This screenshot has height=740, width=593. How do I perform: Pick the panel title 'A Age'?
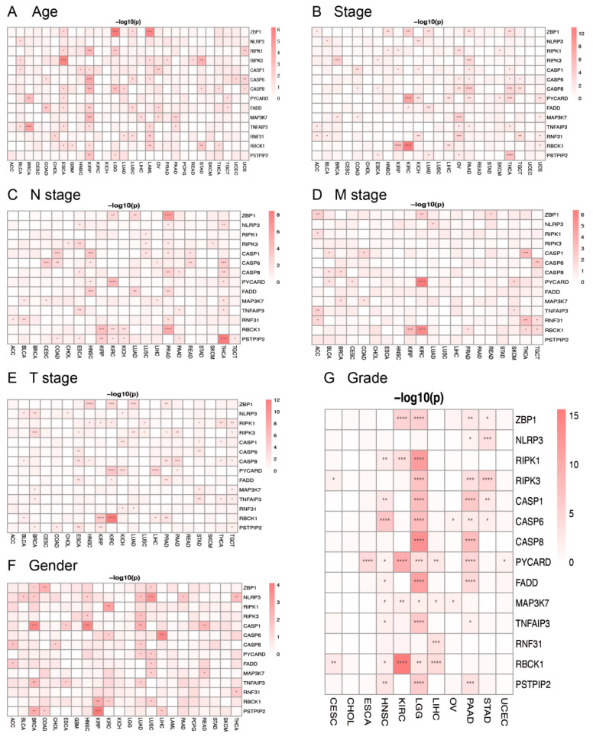click(x=31, y=11)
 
